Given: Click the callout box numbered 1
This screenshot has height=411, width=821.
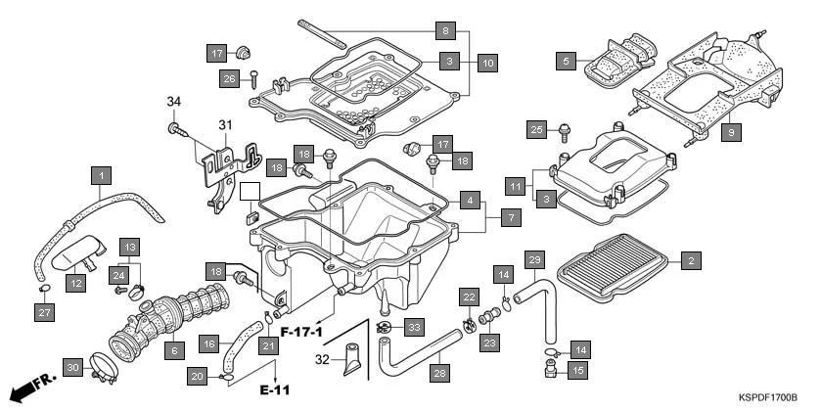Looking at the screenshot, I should [x=98, y=176].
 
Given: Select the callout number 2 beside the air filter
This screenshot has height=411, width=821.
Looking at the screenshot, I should [x=691, y=260].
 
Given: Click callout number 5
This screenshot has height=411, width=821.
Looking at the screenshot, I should [x=565, y=61].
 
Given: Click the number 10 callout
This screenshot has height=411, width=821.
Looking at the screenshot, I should [x=487, y=62].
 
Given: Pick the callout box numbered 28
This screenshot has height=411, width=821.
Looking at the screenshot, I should [x=438, y=373].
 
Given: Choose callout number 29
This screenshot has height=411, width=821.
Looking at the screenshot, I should [x=534, y=259].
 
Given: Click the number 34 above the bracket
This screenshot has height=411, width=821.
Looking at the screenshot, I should [x=174, y=101].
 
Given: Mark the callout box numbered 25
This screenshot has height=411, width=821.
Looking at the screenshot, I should [x=535, y=129].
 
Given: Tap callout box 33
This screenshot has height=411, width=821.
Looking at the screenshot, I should [x=414, y=326].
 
